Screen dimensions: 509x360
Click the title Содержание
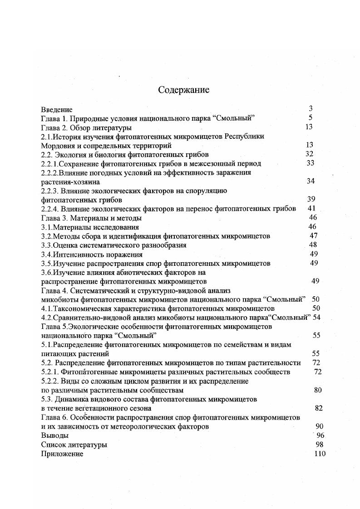pyautogui.click(x=183, y=90)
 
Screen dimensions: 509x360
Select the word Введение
pyautogui.click(x=57, y=109)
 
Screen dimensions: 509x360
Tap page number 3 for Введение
pyautogui.click(x=311, y=109)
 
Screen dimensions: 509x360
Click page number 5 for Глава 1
pyautogui.click(x=311, y=118)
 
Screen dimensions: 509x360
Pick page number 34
pyautogui.click(x=311, y=181)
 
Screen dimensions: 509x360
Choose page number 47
pyautogui.click(x=313, y=236)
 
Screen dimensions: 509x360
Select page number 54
pyautogui.click(x=317, y=318)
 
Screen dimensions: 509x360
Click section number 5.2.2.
pyautogui.click(x=50, y=382)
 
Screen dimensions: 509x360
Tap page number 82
pyautogui.click(x=318, y=408)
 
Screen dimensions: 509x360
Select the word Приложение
pyautogui.click(x=62, y=454)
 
